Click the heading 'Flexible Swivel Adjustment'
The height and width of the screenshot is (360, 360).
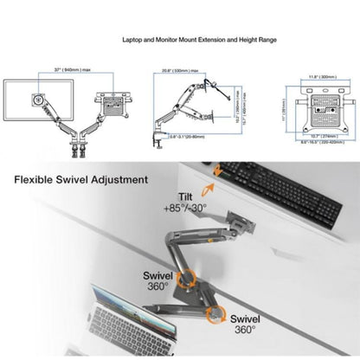(80, 180)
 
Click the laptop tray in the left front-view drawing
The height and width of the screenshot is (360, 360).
(112, 101)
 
